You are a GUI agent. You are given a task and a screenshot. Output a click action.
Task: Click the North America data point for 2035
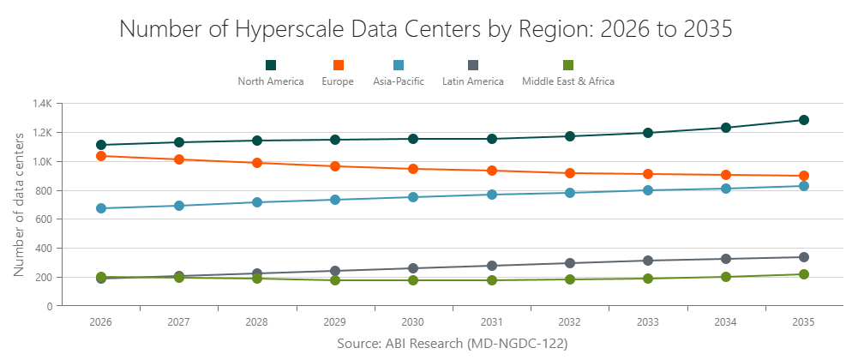click(804, 120)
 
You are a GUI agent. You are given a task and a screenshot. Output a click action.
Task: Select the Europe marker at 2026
click(101, 156)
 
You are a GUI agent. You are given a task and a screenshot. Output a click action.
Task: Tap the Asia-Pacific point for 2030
click(413, 197)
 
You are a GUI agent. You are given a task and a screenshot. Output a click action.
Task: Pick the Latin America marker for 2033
click(648, 261)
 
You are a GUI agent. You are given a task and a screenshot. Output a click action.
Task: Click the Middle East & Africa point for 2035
click(804, 274)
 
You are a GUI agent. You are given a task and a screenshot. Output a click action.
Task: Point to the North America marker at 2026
click(101, 145)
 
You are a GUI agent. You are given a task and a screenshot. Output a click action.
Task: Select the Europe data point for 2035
click(804, 176)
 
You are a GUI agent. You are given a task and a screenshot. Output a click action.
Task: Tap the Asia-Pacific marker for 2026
click(101, 208)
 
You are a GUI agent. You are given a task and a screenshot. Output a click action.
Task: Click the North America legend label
click(271, 81)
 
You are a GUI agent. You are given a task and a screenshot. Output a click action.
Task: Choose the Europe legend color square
click(339, 65)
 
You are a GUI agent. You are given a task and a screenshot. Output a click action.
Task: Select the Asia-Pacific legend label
click(399, 81)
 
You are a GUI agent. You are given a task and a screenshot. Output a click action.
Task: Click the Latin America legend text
click(472, 81)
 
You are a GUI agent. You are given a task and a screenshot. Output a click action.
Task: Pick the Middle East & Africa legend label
click(568, 81)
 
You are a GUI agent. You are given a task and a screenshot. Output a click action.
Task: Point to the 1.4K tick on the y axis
click(43, 104)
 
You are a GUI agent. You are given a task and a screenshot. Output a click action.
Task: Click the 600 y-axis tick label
click(45, 219)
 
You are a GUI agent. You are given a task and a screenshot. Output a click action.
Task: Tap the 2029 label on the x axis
click(335, 321)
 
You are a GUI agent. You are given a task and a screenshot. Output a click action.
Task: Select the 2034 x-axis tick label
click(726, 321)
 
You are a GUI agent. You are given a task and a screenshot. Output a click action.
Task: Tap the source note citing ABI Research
click(453, 343)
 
